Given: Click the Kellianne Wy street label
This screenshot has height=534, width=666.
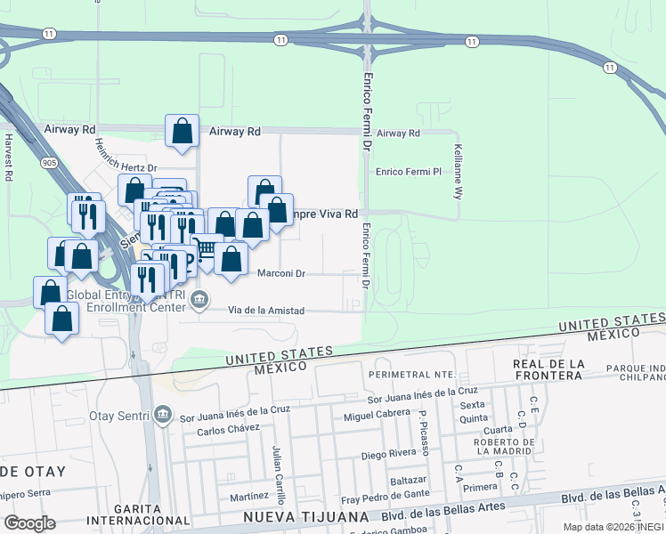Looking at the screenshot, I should (458, 170).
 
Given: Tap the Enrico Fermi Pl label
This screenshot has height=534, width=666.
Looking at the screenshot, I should (408, 171).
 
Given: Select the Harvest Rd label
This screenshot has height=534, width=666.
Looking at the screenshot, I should (8, 158).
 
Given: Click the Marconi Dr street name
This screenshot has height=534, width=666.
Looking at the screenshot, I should (280, 274).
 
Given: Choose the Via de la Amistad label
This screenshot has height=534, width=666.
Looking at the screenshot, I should (266, 311).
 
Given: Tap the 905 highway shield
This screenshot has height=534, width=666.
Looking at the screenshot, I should (48, 163).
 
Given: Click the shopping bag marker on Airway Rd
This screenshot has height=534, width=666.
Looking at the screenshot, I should (182, 131).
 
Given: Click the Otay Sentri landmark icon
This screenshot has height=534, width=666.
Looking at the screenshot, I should (162, 413).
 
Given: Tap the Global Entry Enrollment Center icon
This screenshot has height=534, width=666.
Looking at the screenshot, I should (200, 298).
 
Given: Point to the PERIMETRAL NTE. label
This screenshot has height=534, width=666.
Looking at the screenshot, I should (412, 374).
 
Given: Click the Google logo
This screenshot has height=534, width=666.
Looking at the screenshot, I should (29, 523).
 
